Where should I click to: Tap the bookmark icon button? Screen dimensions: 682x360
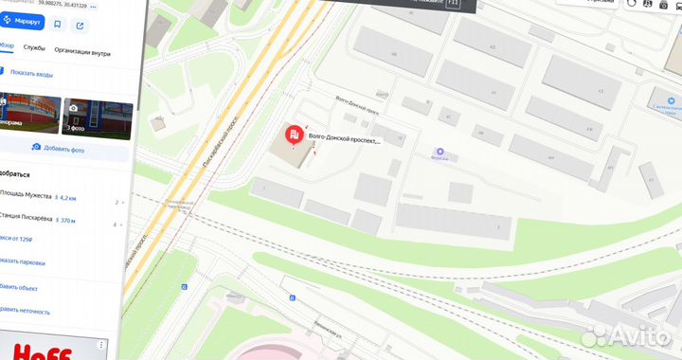(x=58, y=25)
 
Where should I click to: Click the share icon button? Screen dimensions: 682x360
(x=81, y=25)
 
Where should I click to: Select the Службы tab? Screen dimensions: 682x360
(x=34, y=47)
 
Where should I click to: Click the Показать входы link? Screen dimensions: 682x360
(x=30, y=73)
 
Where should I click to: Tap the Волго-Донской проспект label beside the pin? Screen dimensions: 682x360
(x=344, y=140)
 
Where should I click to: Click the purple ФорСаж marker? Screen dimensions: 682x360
(x=439, y=153)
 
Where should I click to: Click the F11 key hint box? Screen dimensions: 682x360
(x=452, y=5)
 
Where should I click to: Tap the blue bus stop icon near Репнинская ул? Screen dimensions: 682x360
(x=294, y=298)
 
